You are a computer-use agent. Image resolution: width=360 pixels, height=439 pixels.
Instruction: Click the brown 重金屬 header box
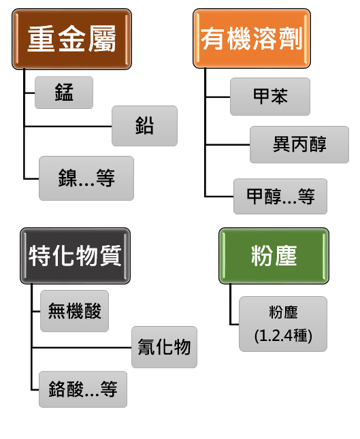point(71,39)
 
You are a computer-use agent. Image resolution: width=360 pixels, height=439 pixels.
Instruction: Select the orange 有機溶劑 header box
point(252,38)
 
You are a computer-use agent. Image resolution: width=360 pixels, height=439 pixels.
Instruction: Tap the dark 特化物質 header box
point(75,256)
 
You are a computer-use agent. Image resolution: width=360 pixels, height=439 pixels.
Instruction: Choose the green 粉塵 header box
point(274,256)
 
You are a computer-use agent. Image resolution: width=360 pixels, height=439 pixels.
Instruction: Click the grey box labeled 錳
point(64,93)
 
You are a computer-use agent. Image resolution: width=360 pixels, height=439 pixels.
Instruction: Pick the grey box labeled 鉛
point(144,126)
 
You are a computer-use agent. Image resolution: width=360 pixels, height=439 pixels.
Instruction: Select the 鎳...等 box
point(86,178)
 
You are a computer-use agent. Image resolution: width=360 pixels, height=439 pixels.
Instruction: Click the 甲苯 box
point(270,97)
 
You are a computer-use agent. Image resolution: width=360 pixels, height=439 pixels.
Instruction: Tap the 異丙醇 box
point(299,144)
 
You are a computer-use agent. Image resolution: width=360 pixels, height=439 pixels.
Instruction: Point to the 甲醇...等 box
point(280,196)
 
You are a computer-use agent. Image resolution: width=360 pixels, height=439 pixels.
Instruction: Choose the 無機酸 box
point(74,311)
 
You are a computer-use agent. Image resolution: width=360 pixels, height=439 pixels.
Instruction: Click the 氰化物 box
point(164,347)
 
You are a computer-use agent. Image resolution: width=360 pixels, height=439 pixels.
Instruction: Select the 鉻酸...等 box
point(83,389)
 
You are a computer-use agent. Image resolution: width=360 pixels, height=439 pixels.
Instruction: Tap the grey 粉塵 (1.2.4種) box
point(283,324)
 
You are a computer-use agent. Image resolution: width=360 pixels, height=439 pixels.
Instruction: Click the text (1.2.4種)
point(283,336)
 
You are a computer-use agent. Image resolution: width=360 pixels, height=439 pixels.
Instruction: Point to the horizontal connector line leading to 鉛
point(68,127)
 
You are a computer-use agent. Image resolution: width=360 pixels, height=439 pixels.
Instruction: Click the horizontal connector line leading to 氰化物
point(82,348)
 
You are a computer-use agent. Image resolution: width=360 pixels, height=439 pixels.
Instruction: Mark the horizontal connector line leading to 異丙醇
point(227,145)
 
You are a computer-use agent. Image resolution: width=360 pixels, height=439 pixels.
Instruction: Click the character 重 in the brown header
point(41,39)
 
